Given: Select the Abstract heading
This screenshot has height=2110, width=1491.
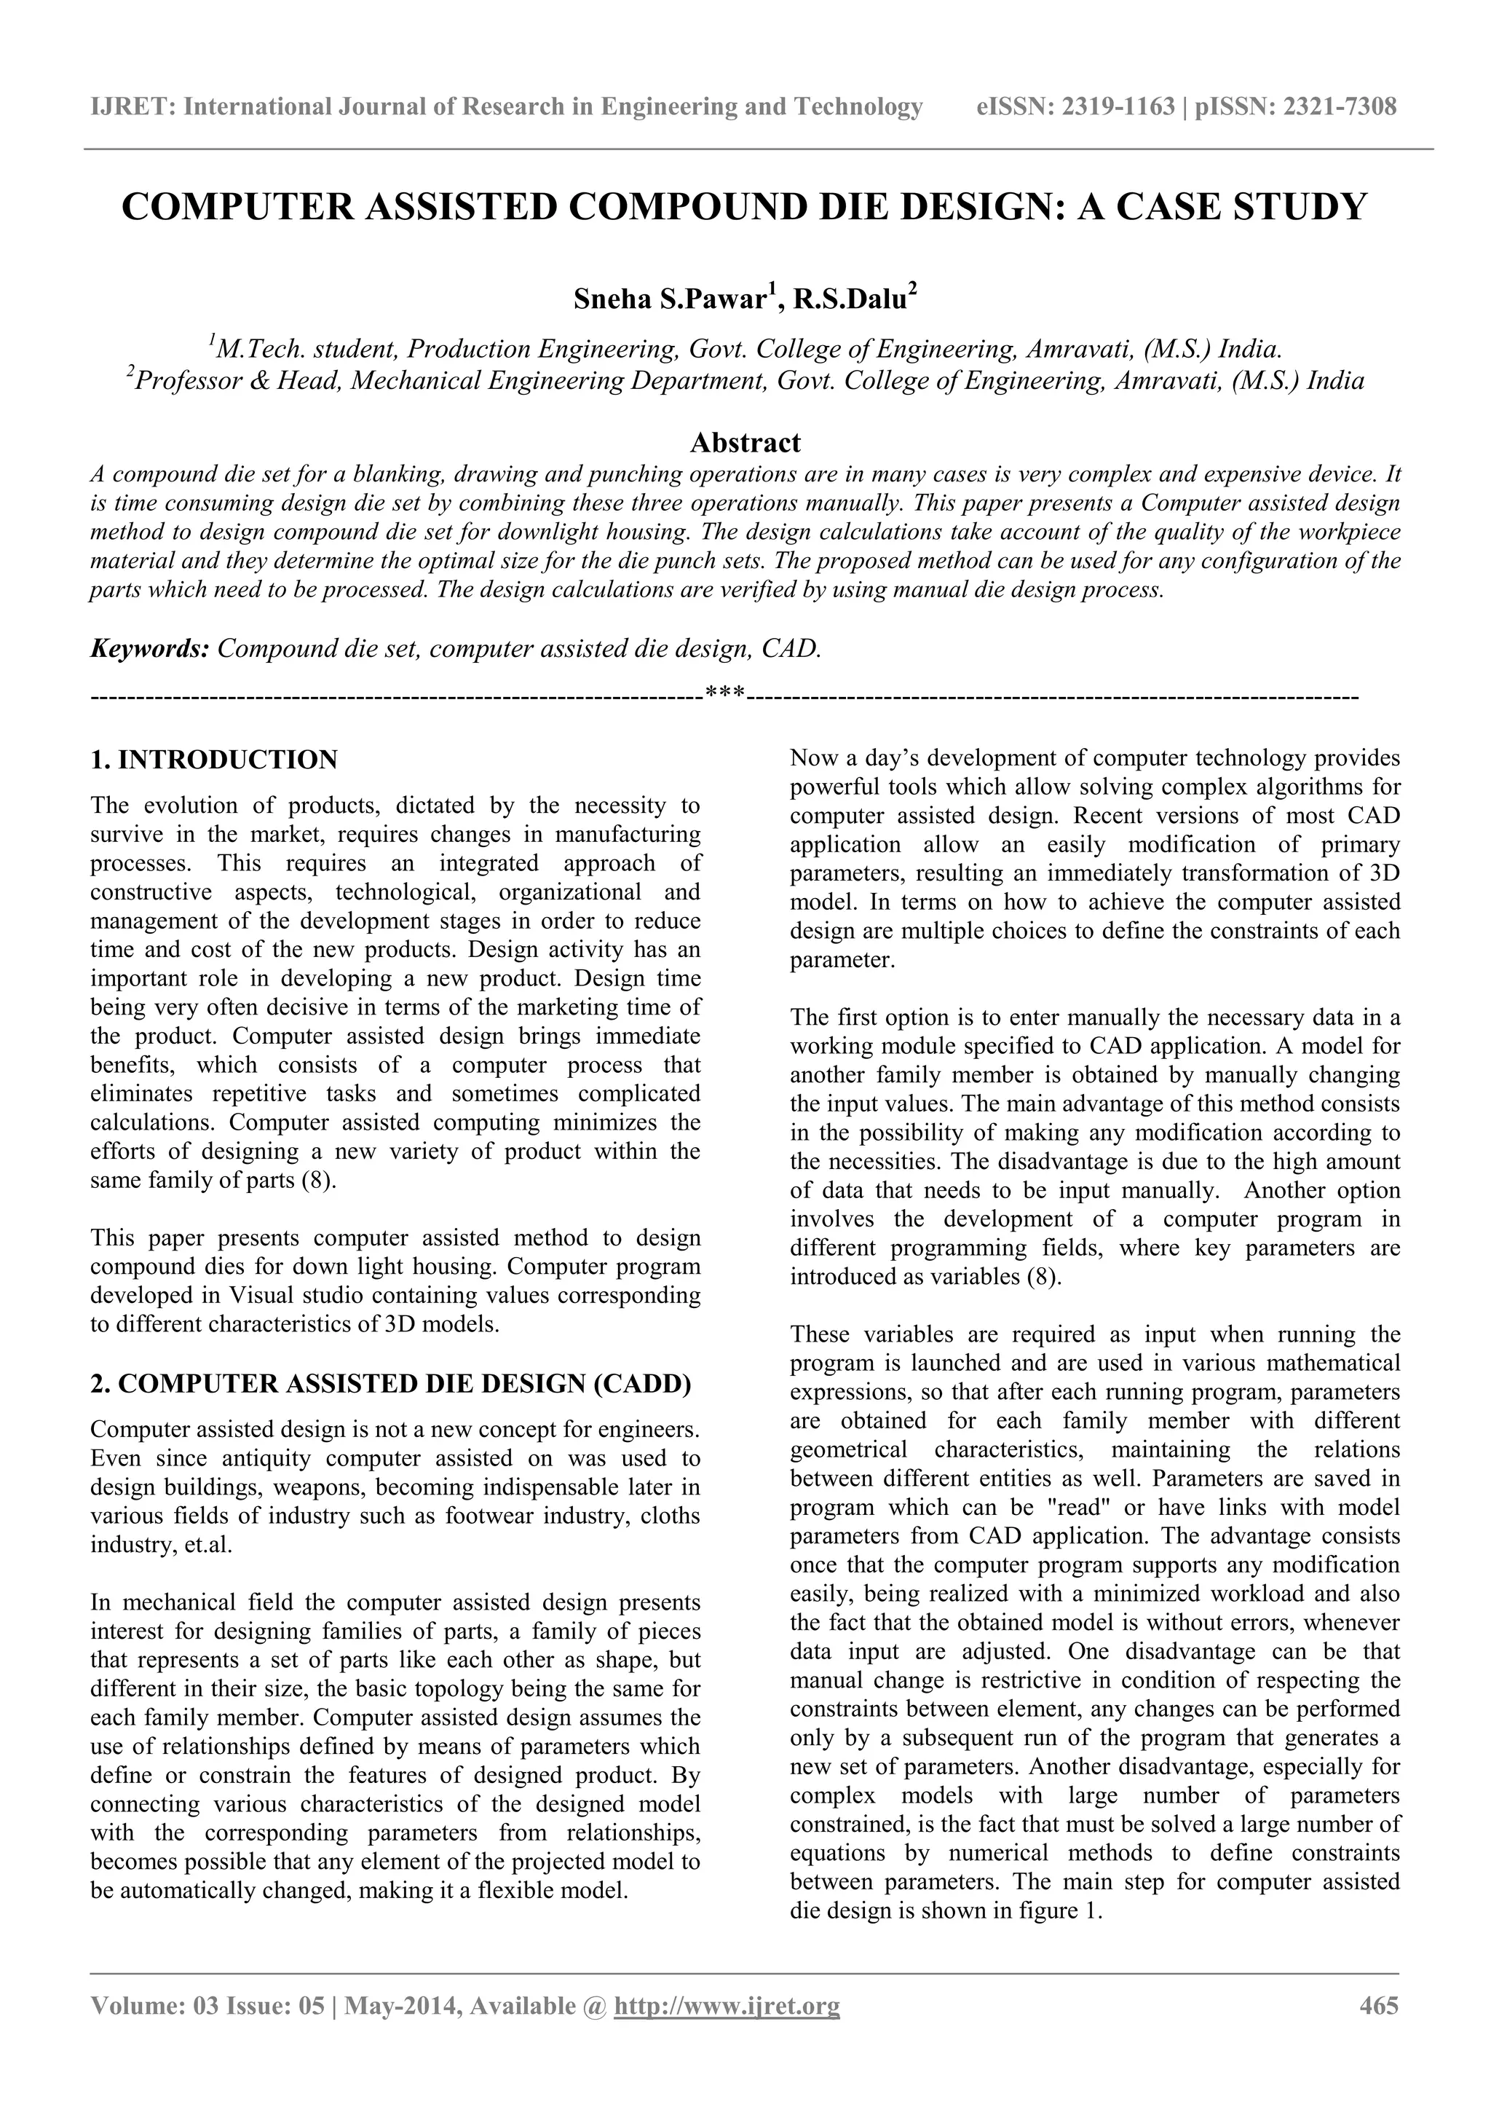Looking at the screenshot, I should pos(745,443).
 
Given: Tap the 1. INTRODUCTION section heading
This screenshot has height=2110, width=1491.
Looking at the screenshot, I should pos(214,760).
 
